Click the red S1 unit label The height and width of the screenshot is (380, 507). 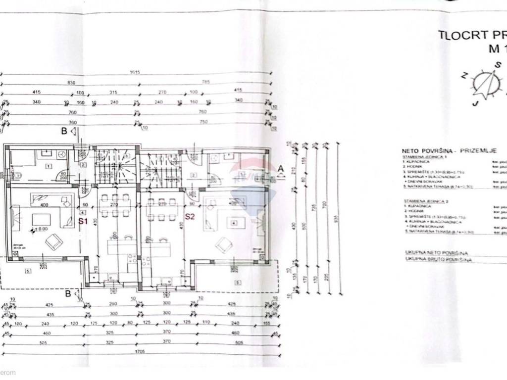point(83,221)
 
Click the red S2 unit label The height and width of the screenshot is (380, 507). point(189,216)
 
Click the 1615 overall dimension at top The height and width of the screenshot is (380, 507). point(135,72)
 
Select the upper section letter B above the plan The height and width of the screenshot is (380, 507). point(63,131)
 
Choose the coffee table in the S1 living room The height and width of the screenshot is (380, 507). point(41,219)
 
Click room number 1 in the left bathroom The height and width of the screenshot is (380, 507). point(48,166)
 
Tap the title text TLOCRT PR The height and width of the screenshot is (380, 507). point(470,35)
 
